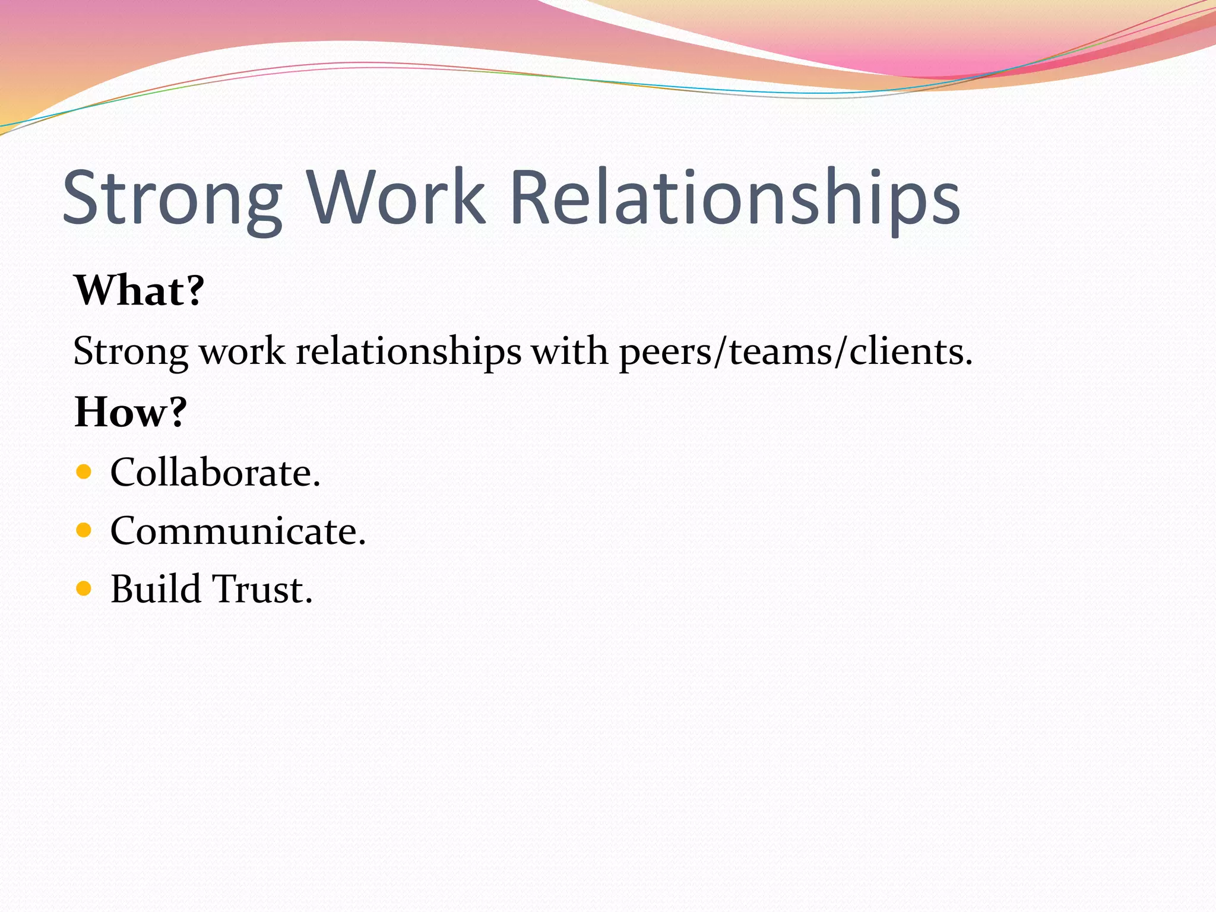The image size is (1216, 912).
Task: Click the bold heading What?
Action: click(x=139, y=290)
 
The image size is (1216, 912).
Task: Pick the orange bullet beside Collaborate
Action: click(x=84, y=472)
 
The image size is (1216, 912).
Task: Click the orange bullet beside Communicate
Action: click(x=84, y=530)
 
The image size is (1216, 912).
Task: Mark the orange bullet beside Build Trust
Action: click(x=84, y=588)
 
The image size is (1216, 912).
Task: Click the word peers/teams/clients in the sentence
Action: click(x=796, y=351)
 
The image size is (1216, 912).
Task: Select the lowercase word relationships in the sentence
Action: click(x=408, y=351)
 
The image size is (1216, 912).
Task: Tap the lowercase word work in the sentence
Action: click(x=242, y=351)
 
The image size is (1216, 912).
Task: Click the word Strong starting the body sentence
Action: click(x=131, y=351)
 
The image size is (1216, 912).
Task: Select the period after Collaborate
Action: click(x=316, y=484)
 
